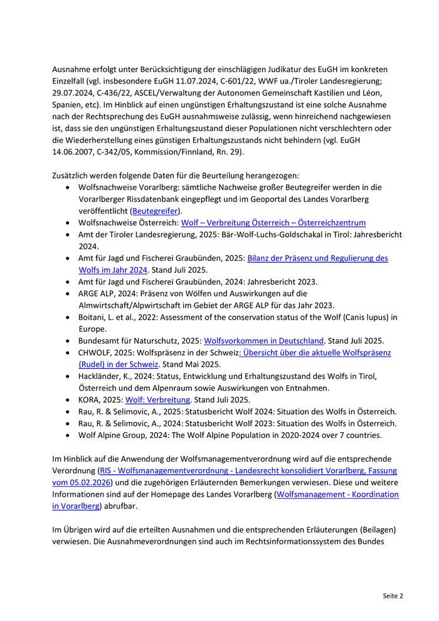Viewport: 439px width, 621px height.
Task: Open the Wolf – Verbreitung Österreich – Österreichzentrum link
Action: (273, 223)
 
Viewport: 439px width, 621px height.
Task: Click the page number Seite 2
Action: (393, 595)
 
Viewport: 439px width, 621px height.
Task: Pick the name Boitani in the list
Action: (93, 317)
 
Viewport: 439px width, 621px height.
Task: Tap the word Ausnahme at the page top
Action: (72, 68)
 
